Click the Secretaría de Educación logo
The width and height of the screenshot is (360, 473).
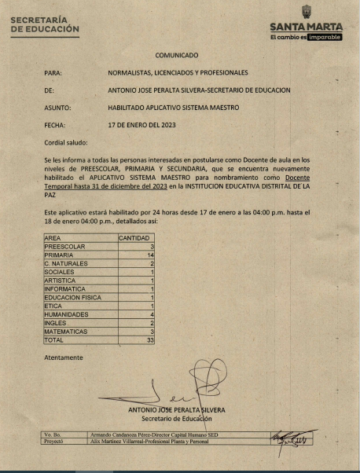pyautogui.click(x=45, y=24)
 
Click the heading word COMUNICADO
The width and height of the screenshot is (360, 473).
pyautogui.click(x=177, y=55)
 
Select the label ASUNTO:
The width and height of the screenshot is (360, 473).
pyautogui.click(x=59, y=107)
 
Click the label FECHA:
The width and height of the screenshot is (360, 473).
pyautogui.click(x=56, y=125)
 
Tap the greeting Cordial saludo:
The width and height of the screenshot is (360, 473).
pyautogui.click(x=67, y=142)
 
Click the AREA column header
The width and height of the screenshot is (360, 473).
pyautogui.click(x=53, y=237)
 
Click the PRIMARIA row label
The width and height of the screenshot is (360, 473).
pyautogui.click(x=60, y=255)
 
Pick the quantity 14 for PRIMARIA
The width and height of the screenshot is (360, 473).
pyautogui.click(x=149, y=255)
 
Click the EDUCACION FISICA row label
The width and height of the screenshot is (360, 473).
pyautogui.click(x=72, y=297)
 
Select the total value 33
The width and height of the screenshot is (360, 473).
pyautogui.click(x=149, y=339)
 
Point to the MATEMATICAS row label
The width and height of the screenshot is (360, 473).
pyautogui.click(x=65, y=331)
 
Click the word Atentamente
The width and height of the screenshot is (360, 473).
pyautogui.click(x=64, y=357)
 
